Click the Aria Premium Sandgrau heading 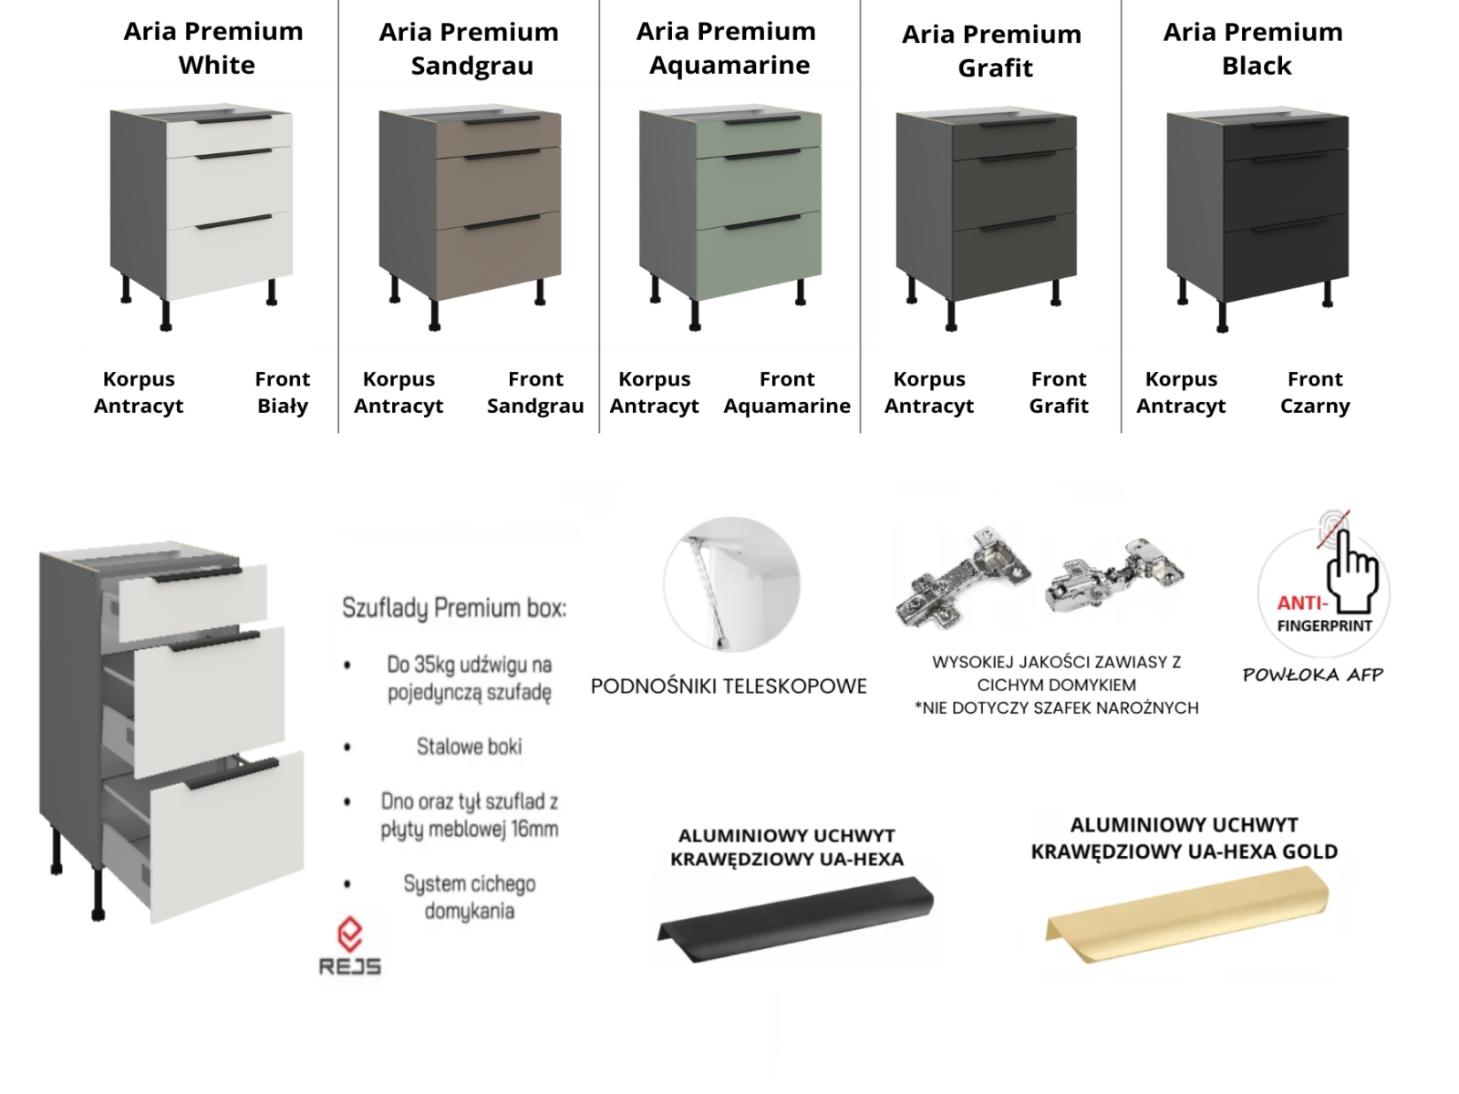coord(470,48)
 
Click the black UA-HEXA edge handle coord(796,919)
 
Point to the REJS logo coord(350,946)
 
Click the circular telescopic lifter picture coord(731,583)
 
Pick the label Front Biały coord(283,392)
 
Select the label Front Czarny coord(1315,392)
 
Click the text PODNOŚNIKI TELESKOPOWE coord(729,686)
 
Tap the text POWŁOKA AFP coord(1313,675)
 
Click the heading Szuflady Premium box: coord(454,608)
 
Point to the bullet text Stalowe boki coord(470,747)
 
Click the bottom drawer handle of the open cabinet coord(232,774)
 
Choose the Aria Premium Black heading coord(1253,48)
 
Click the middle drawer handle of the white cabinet coord(234,154)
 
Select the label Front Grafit coord(1058,392)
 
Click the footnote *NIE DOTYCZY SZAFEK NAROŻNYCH coord(1056,708)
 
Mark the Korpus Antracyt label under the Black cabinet coord(1181,392)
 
